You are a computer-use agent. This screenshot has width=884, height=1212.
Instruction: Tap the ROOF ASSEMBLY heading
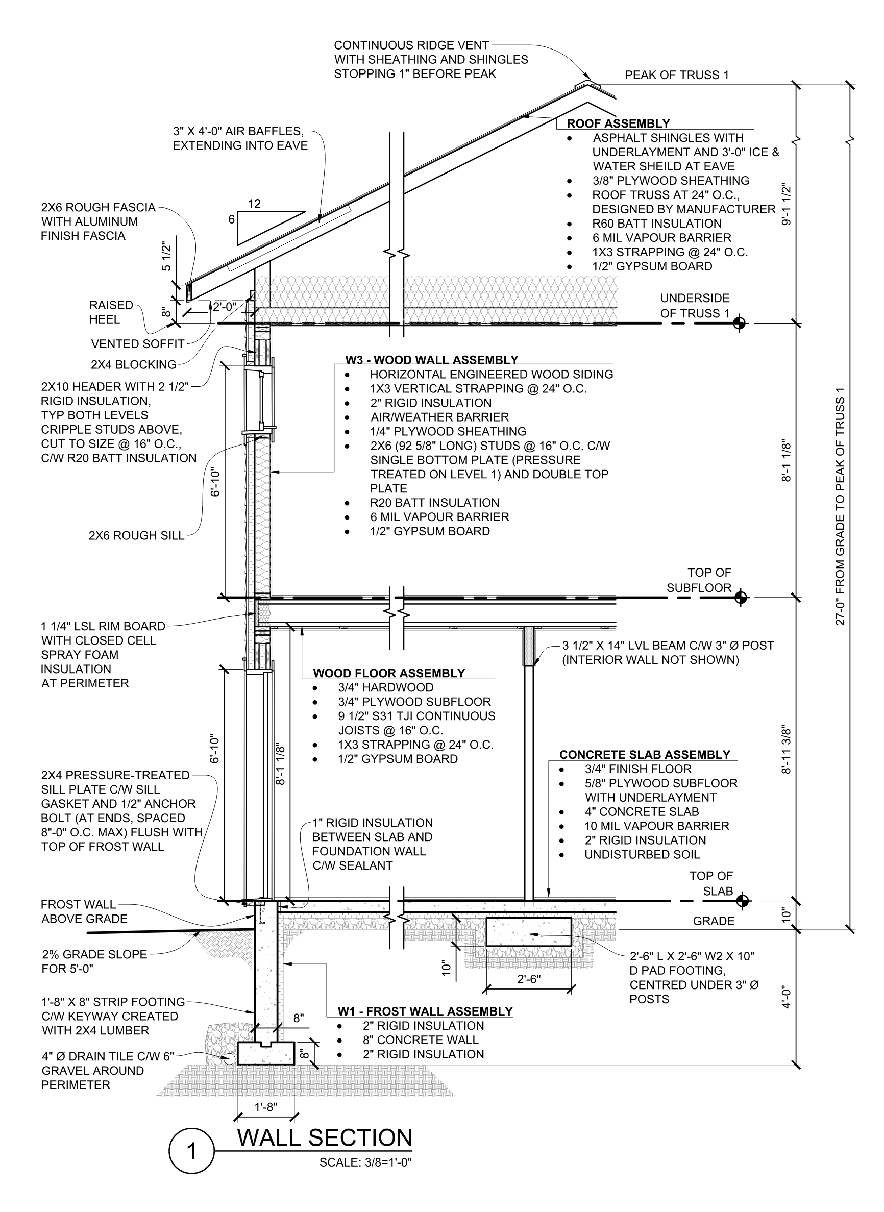(618, 123)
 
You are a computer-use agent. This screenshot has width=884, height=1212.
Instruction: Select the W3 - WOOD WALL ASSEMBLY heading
(431, 360)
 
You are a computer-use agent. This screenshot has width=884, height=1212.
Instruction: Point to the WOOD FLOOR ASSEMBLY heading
(388, 673)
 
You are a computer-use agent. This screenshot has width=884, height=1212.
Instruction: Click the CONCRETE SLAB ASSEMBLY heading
(644, 754)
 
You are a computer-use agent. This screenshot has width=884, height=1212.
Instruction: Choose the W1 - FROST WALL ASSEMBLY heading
(425, 1011)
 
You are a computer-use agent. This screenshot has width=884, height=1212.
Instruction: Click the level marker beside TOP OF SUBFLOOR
(741, 597)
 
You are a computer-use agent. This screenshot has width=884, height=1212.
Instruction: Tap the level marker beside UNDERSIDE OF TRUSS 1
(740, 323)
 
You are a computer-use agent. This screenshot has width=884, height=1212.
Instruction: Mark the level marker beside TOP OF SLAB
(742, 901)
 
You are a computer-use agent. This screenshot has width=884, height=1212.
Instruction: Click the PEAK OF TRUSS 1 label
(676, 75)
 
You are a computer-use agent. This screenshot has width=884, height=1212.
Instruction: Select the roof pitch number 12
(254, 204)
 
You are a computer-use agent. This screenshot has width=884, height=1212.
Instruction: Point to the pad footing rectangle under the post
(529, 933)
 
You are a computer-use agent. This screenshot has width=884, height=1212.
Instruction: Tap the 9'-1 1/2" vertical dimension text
(785, 205)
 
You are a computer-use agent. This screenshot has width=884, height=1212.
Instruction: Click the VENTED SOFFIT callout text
(137, 344)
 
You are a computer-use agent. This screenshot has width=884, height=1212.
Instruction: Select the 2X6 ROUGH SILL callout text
(136, 536)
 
